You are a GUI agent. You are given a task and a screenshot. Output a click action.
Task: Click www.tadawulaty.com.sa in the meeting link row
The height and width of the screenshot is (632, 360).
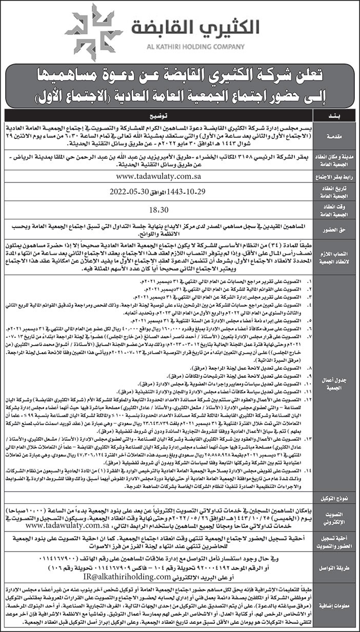[x=158, y=176]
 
